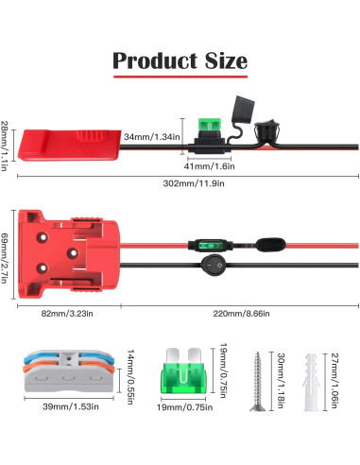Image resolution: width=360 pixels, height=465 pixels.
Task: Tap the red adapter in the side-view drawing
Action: coord(68,141)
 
